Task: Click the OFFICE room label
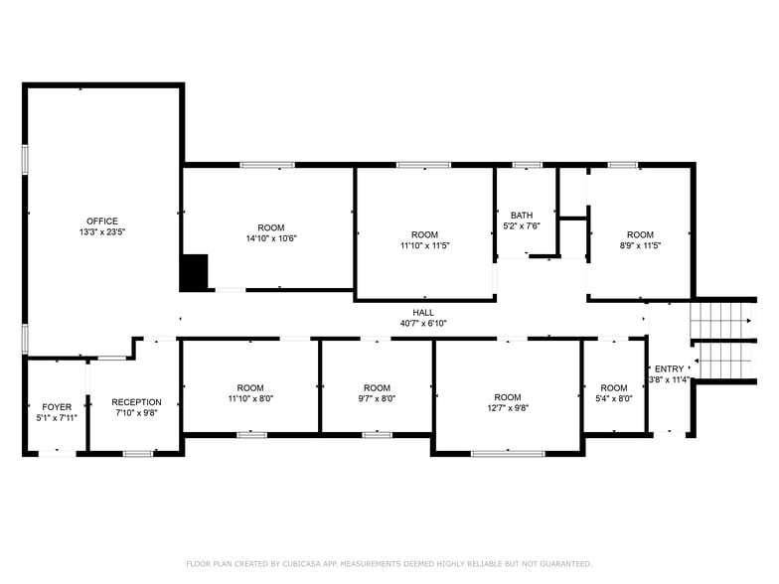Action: (x=101, y=221)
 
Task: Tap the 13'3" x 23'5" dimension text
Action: (x=101, y=232)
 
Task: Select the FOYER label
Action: (x=57, y=407)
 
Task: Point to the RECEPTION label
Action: (x=136, y=402)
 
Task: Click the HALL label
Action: (x=423, y=312)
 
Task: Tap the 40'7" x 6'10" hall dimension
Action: (x=423, y=323)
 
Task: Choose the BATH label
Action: (x=522, y=216)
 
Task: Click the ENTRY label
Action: (x=669, y=369)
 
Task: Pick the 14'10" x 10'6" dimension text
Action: (x=271, y=238)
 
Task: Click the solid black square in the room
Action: (x=194, y=272)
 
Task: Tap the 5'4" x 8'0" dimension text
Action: (x=613, y=399)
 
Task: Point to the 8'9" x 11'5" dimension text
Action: (x=640, y=245)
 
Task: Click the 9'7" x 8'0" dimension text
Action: (x=377, y=399)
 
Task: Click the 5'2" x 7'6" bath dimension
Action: (x=522, y=226)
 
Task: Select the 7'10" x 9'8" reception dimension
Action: (x=136, y=413)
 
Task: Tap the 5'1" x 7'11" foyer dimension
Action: (x=57, y=418)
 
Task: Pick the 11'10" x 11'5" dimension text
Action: (x=424, y=245)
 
